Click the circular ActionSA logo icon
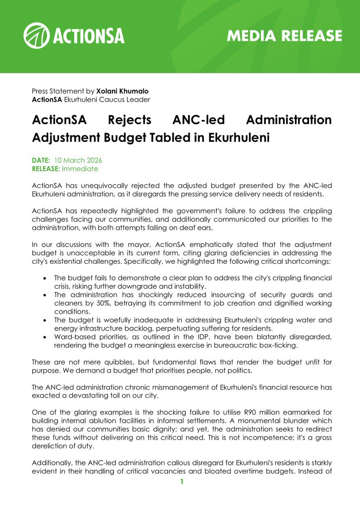pos(37,36)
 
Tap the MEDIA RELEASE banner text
pos(284,36)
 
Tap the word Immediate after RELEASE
pos(80,168)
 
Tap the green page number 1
pos(182,481)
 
